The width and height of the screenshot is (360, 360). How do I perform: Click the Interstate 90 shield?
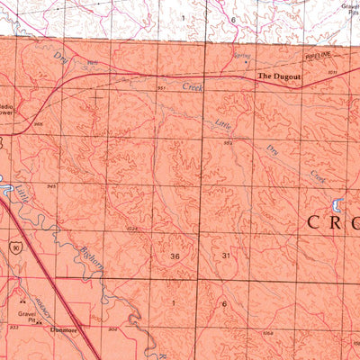tap(14, 245)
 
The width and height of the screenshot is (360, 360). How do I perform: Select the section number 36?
tap(174, 256)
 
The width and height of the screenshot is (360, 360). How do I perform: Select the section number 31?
tap(226, 256)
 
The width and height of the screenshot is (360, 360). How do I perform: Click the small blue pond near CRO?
tap(339, 202)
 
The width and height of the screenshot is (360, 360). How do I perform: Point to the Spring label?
tap(241, 57)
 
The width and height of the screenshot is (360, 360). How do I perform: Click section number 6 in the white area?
tap(232, 19)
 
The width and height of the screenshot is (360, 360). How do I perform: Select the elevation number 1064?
tap(267, 334)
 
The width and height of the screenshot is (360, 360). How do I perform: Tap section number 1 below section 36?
tap(174, 303)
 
